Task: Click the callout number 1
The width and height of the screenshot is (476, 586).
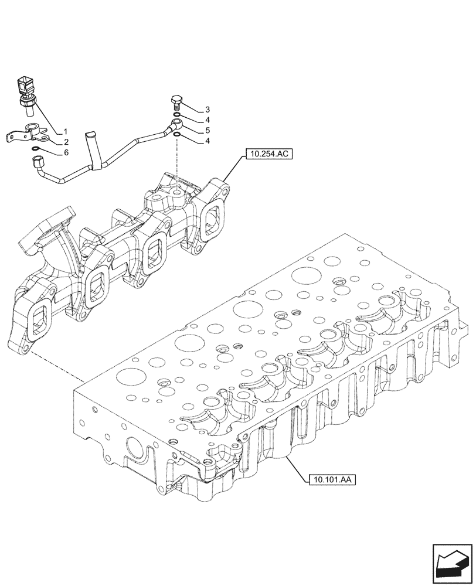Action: tap(66, 131)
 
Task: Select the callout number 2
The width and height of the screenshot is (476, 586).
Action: tap(66, 141)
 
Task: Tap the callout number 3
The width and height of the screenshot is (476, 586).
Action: tap(208, 110)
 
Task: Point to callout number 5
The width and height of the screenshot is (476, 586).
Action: tap(208, 131)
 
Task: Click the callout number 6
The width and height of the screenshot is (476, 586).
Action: tap(66, 152)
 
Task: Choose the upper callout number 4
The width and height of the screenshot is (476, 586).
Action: tap(208, 120)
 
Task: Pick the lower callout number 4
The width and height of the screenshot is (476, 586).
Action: tap(208, 141)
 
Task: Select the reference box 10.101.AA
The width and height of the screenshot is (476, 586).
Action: tap(332, 479)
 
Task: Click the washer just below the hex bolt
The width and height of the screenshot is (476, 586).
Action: tap(176, 114)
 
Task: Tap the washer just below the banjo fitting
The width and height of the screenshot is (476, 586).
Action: tap(176, 136)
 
